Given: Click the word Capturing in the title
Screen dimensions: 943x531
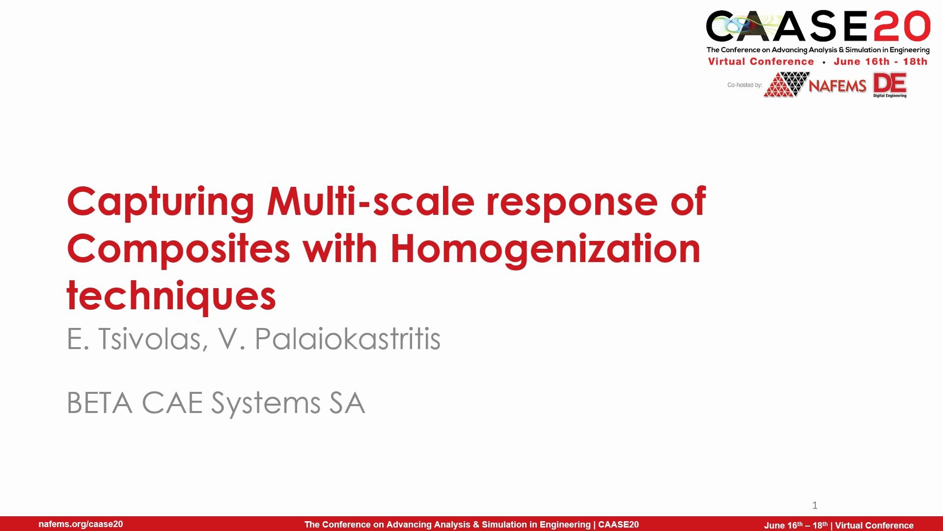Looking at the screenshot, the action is tap(161, 203).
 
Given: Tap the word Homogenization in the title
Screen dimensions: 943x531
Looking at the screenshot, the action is tap(546, 250).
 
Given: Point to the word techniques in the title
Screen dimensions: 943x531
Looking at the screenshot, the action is tap(171, 296).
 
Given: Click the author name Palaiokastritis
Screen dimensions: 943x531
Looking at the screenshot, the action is tap(347, 339).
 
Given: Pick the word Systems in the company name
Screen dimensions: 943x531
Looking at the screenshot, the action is tap(266, 404).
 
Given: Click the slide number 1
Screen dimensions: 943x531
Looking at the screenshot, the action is tap(815, 505).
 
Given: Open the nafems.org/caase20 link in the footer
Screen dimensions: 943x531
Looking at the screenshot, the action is tap(81, 524).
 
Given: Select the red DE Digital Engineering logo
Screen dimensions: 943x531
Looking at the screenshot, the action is tap(890, 85).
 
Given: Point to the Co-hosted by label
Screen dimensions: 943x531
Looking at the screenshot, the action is tap(745, 85).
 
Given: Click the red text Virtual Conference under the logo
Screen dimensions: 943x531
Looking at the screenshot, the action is tap(761, 61).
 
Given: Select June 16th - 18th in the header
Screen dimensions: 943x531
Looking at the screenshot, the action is tap(881, 61).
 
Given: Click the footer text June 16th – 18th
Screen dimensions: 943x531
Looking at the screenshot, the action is tap(796, 525).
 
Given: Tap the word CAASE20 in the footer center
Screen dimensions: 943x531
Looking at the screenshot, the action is tap(618, 525).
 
